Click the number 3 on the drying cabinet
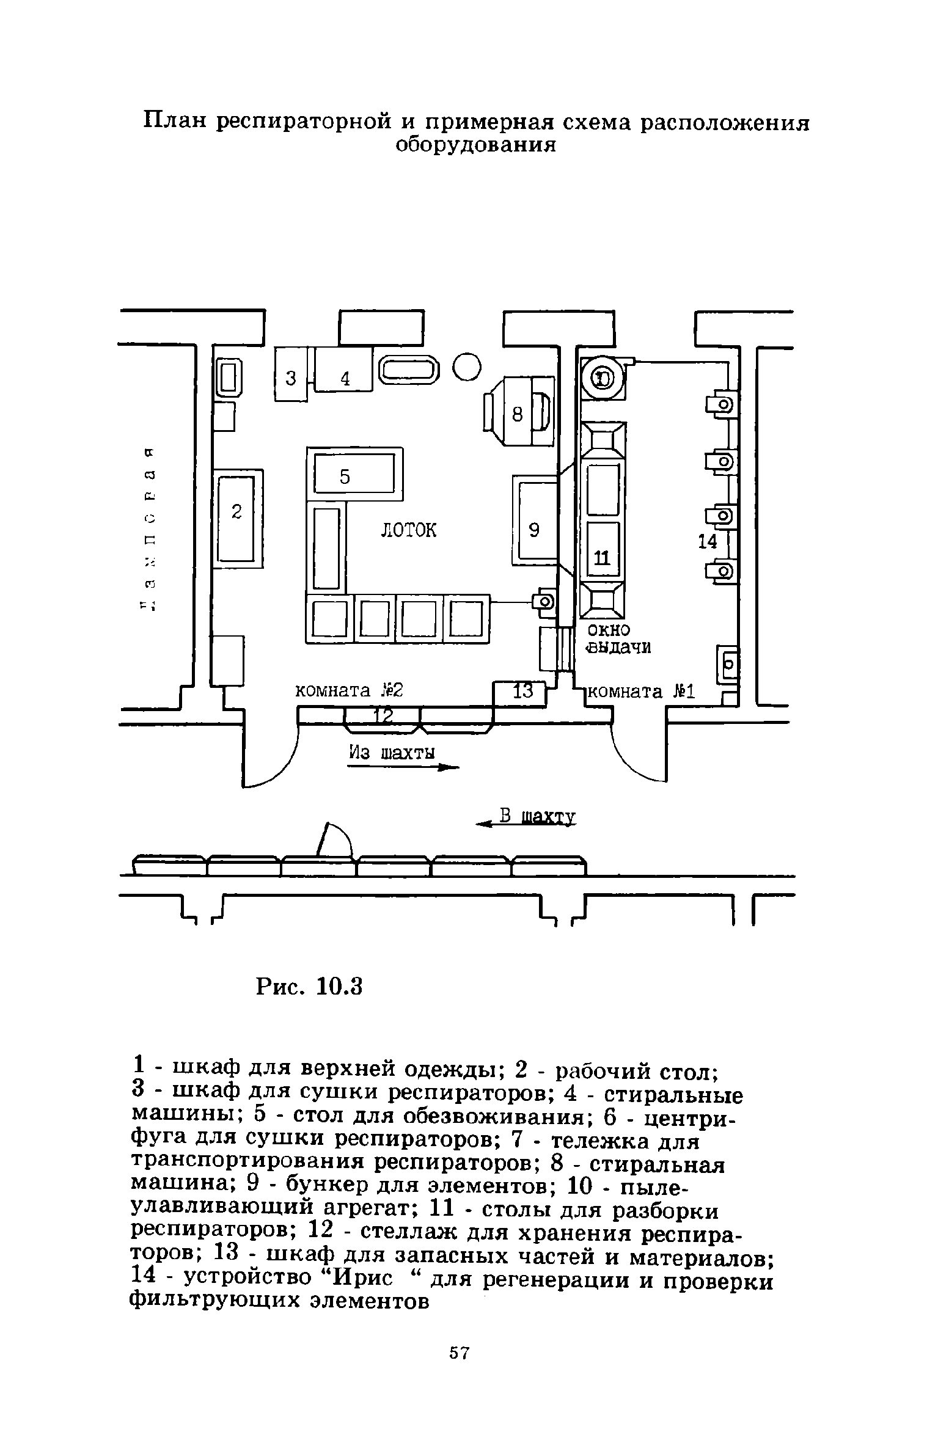291,379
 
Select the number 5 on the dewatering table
345,477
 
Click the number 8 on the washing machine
518,415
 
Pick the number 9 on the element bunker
534,530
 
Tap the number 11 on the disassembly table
602,557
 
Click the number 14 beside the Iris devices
708,541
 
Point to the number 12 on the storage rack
383,715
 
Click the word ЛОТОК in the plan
409,530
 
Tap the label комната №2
350,691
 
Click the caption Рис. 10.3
309,987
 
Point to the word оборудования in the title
476,146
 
